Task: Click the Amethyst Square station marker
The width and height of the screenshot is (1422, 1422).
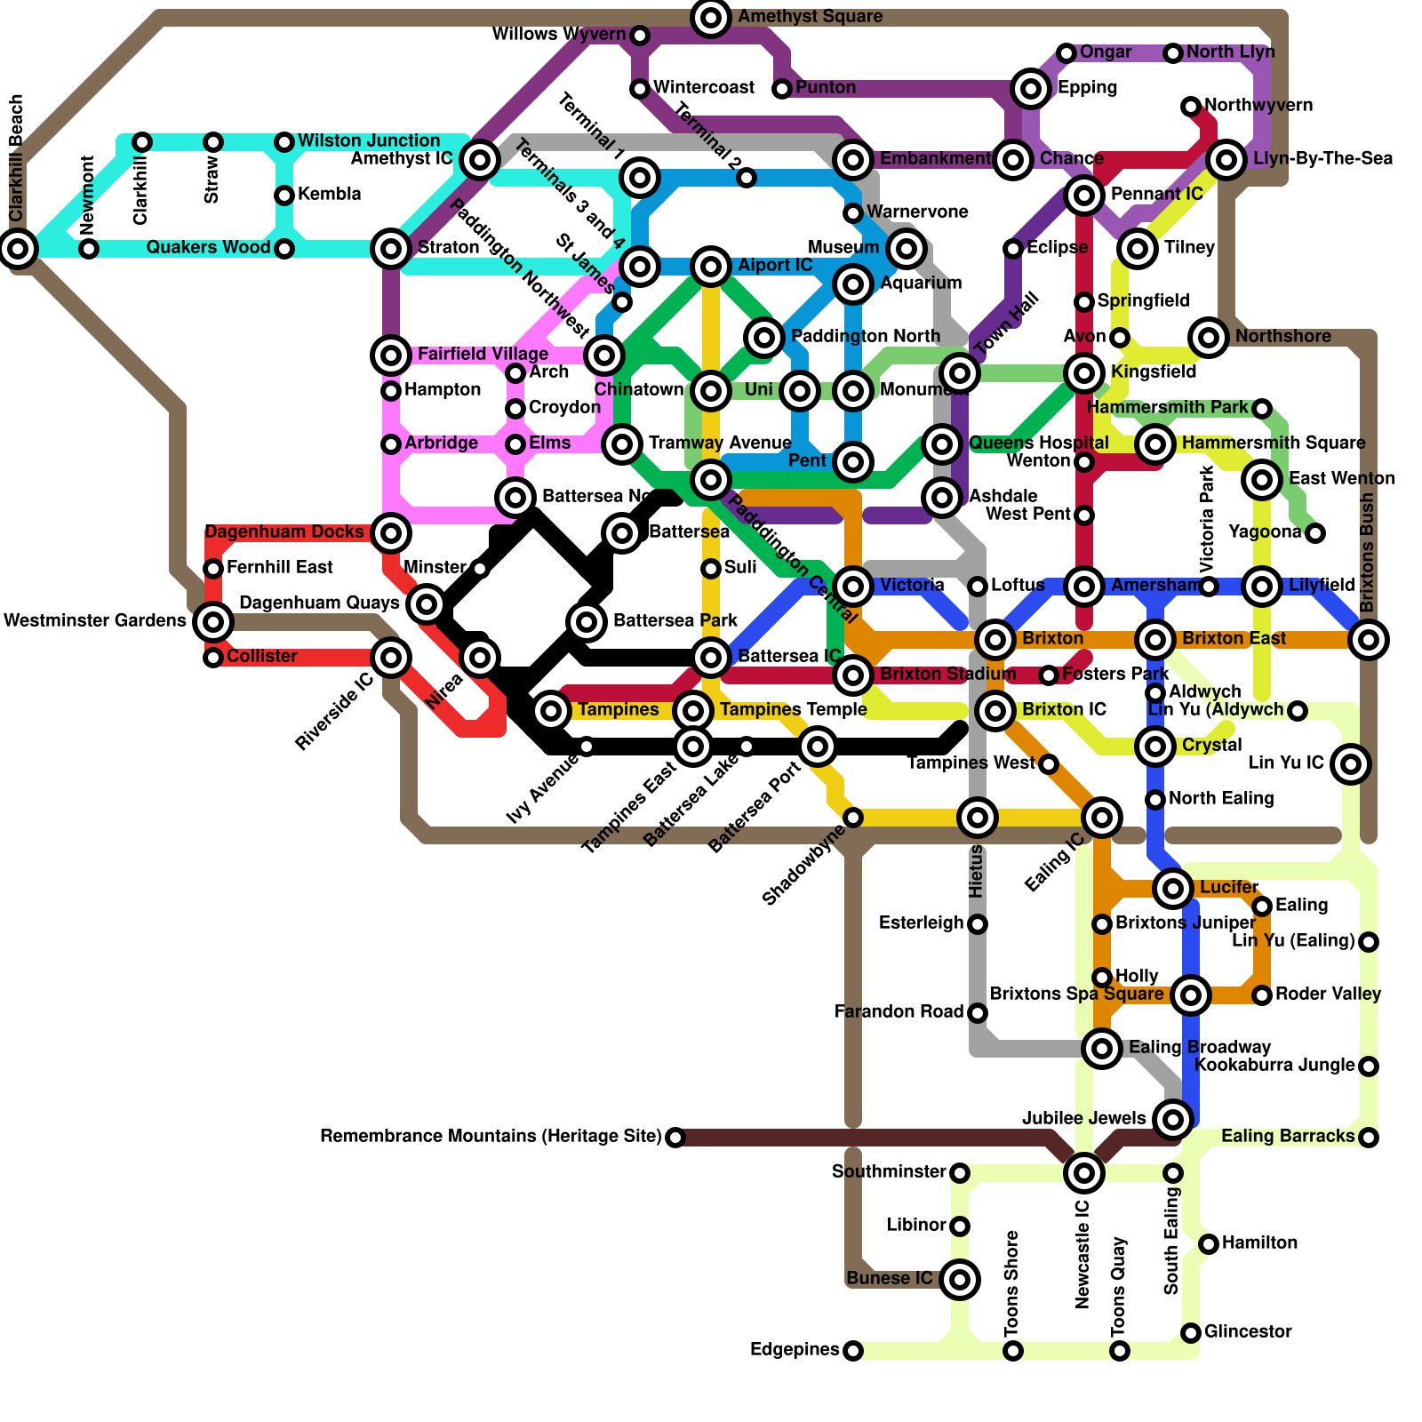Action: tap(711, 17)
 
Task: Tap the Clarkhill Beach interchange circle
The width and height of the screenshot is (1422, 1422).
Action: tap(18, 248)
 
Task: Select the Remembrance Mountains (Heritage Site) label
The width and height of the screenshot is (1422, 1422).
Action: tap(491, 1137)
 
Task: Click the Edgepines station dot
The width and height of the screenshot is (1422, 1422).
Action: tap(852, 1351)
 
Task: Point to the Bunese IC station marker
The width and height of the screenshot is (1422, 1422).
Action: tap(959, 1280)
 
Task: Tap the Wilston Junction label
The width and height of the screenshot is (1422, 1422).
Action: tap(369, 141)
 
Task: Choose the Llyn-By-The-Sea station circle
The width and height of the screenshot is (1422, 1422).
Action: tap(1226, 160)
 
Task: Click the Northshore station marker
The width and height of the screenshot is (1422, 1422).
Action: tap(1208, 337)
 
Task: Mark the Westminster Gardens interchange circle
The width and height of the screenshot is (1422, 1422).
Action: tap(213, 621)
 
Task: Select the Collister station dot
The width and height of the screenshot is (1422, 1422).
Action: tap(213, 658)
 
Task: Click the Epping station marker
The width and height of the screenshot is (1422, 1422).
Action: tap(1031, 88)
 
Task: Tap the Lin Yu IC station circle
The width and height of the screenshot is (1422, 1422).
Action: tap(1350, 763)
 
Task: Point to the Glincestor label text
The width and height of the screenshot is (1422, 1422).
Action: tap(1248, 1331)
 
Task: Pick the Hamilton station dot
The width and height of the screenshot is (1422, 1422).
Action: tap(1208, 1244)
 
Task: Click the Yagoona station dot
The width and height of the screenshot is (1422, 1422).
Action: tap(1315, 533)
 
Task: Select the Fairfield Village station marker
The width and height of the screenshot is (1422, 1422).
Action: tap(391, 355)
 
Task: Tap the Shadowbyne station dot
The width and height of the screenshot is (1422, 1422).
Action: tap(852, 818)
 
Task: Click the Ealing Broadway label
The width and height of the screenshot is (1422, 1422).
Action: tap(1200, 1047)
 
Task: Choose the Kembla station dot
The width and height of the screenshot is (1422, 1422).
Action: tap(284, 196)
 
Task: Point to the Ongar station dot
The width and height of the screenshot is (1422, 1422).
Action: tap(1066, 53)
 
